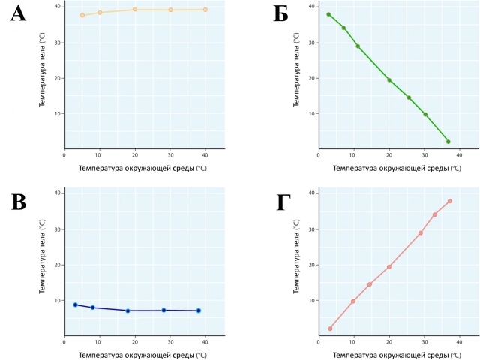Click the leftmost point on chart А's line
point(82,15)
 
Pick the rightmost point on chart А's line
point(205,10)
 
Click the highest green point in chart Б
point(328,14)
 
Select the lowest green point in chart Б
point(448,142)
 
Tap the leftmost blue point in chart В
point(75,304)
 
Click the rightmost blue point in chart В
point(199,310)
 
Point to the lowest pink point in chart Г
point(330,328)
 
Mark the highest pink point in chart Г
point(449,201)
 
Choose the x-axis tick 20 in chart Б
point(389,154)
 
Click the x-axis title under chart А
point(142,168)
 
